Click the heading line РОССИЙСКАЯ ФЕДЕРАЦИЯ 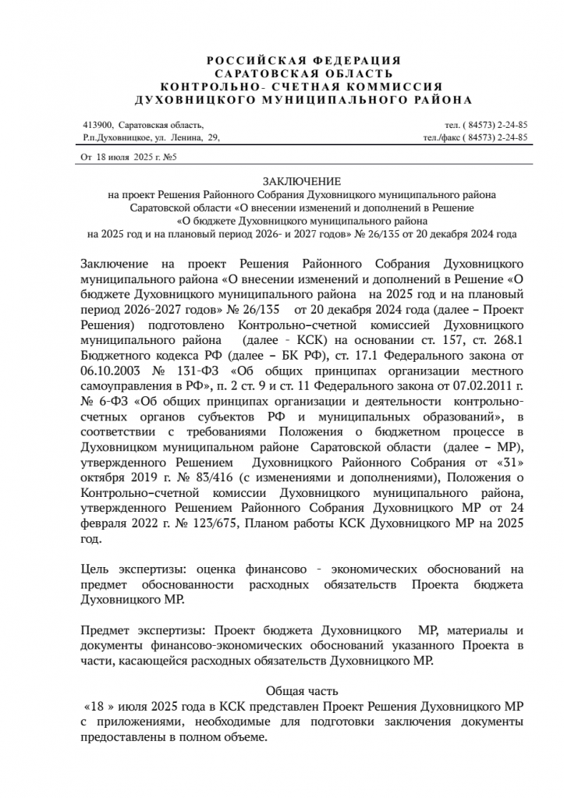303,60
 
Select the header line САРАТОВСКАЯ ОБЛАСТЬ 303,73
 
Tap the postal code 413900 98,125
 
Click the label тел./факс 441,137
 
